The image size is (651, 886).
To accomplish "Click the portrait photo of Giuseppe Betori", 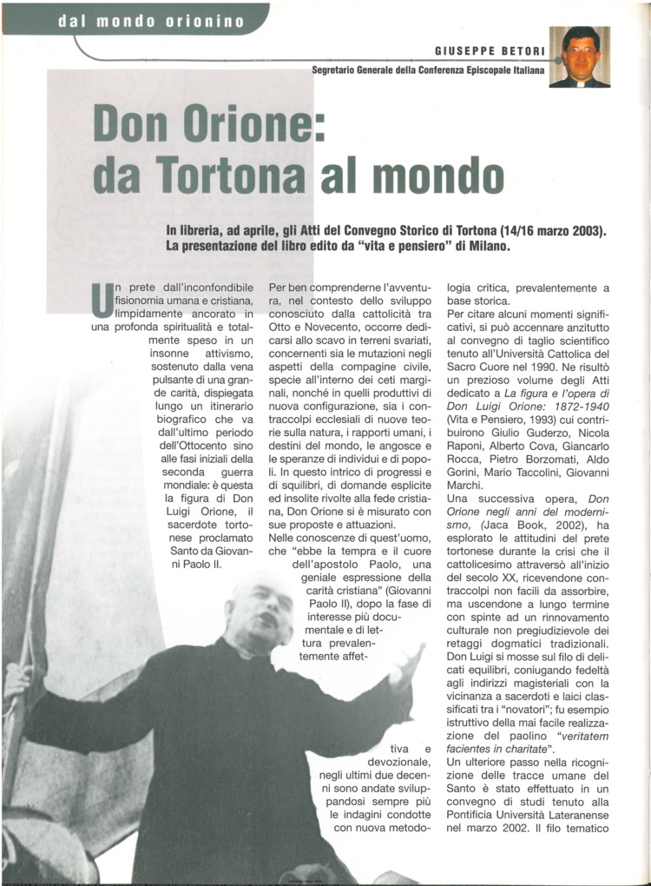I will coord(580,56).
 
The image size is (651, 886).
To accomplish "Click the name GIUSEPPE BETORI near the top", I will coord(490,51).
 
